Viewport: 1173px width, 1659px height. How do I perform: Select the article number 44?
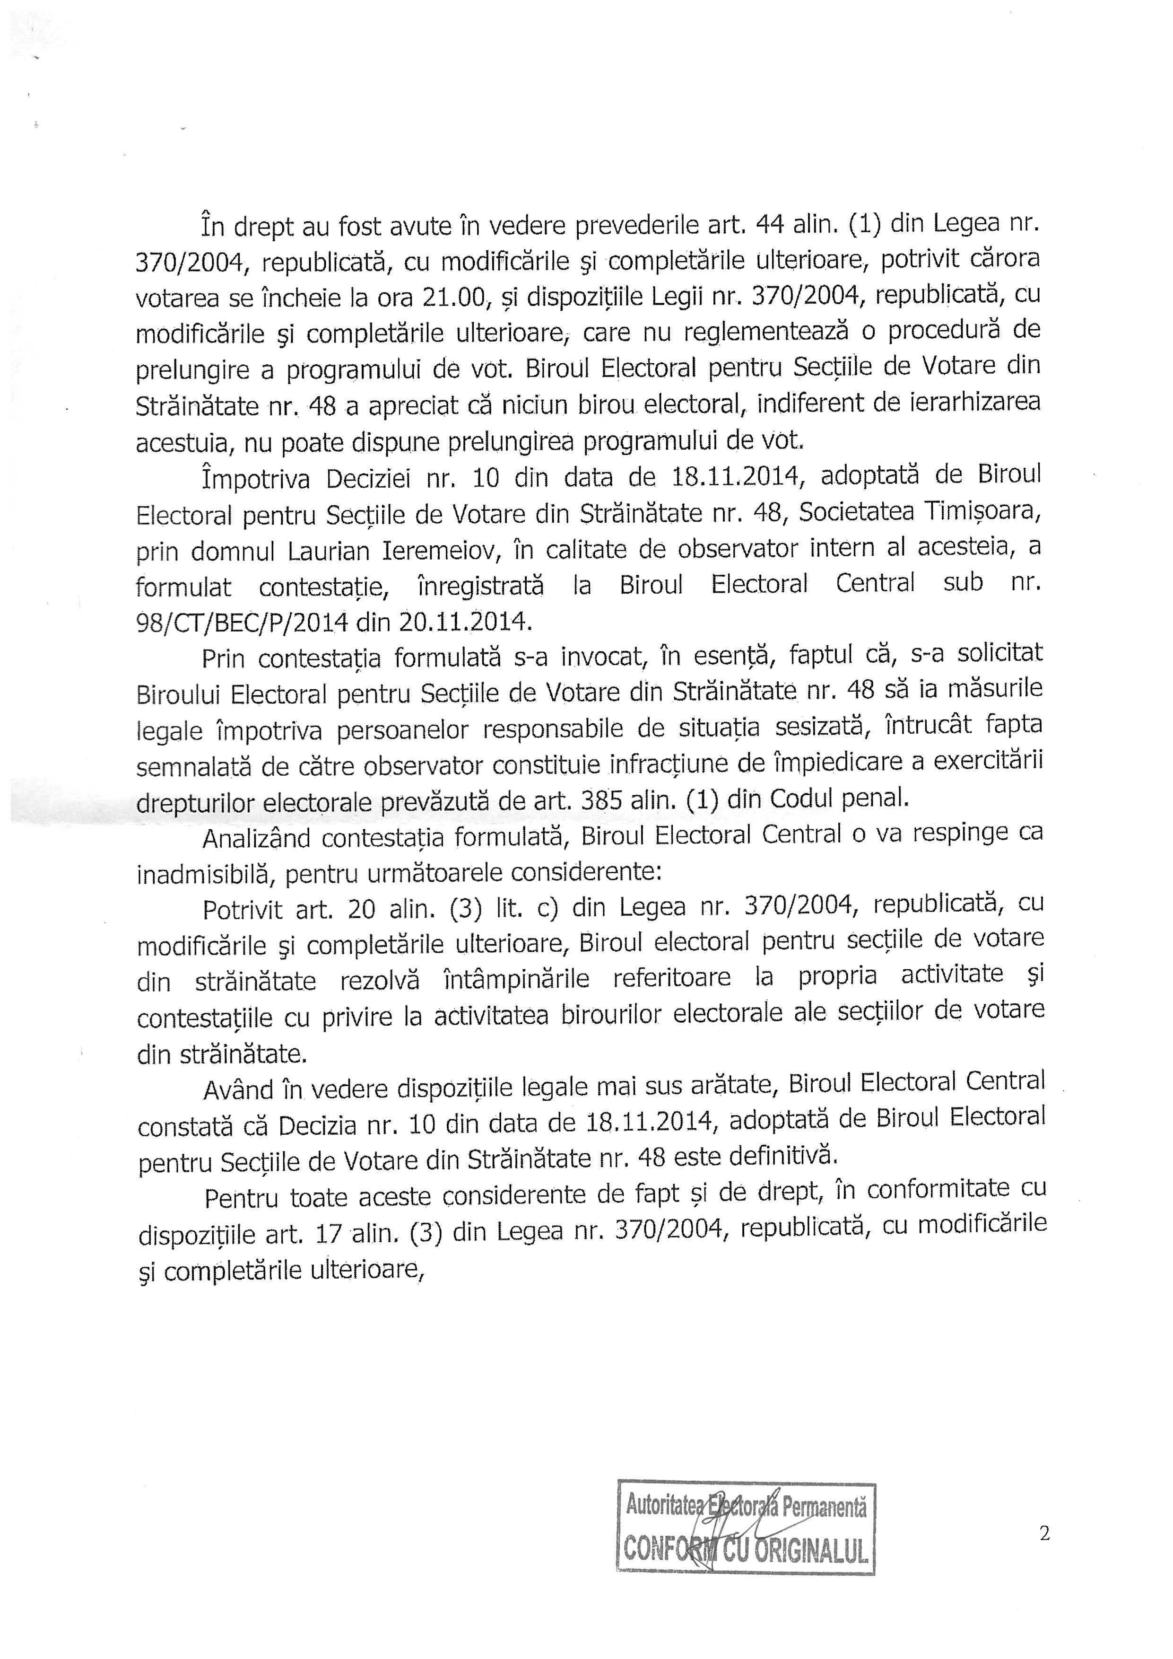(x=770, y=226)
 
